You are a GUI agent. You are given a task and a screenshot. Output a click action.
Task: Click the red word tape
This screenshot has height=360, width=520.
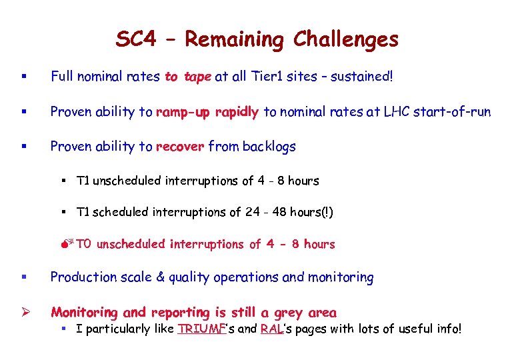(197, 77)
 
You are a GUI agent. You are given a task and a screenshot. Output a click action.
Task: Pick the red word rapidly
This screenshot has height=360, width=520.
(237, 112)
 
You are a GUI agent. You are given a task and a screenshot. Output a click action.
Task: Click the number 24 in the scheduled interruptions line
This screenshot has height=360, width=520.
(253, 212)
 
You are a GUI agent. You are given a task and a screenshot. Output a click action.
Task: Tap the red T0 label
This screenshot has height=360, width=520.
(83, 244)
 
